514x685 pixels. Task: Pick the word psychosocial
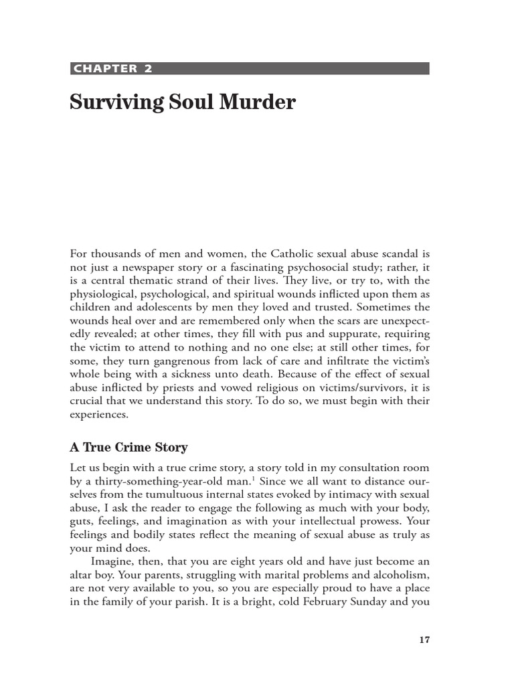[x=324, y=268]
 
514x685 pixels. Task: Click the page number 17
[x=424, y=640]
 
